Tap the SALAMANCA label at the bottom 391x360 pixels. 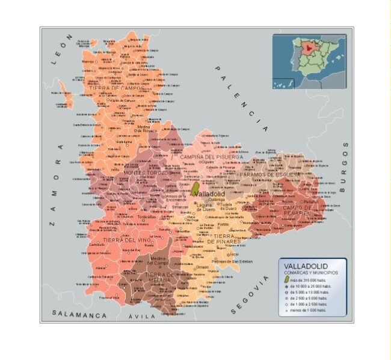tap(79, 314)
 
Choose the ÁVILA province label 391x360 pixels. tap(142, 315)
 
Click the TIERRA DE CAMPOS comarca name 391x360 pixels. tap(116, 88)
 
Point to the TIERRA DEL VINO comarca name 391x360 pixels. tap(126, 240)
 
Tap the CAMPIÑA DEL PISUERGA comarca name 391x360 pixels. tap(211, 157)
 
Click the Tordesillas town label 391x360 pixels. tap(146, 216)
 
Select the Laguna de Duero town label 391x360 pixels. tap(205, 207)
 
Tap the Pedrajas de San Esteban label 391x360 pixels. tap(231, 261)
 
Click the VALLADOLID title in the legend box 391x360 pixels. tap(305, 266)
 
